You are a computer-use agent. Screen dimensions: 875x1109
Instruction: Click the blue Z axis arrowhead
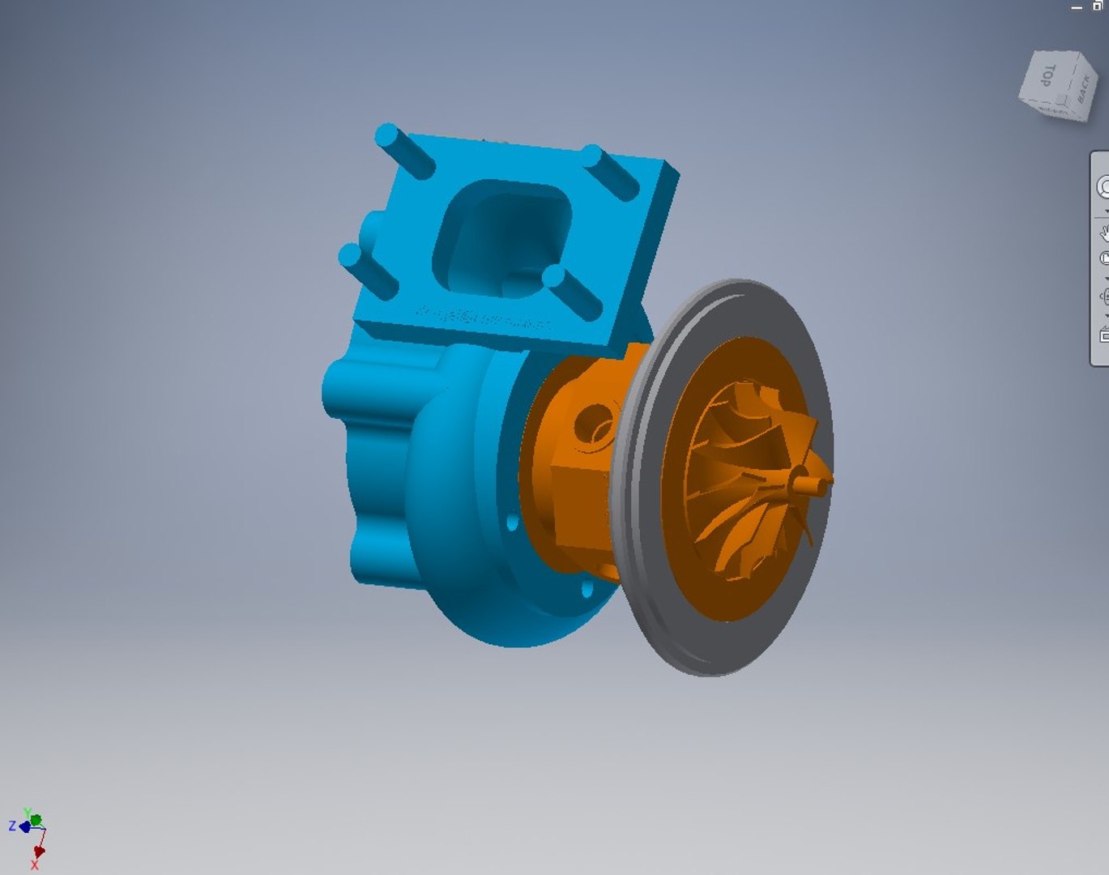pos(24,826)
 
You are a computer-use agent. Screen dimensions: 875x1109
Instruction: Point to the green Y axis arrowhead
pos(35,819)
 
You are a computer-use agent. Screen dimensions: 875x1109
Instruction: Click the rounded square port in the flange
pos(502,235)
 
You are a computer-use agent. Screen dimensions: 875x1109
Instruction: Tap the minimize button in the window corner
pos(1077,6)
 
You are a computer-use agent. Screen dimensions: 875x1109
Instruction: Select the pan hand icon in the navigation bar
pos(1103,233)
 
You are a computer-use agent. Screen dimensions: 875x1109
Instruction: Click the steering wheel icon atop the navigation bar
pos(1103,187)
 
